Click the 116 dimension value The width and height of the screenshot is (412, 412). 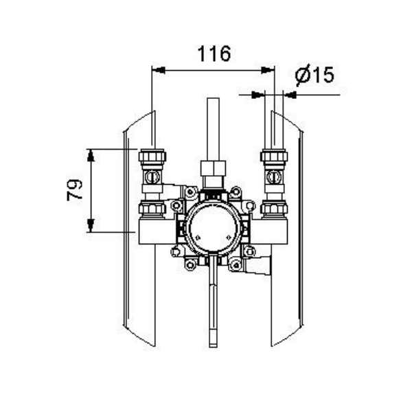[x=214, y=54]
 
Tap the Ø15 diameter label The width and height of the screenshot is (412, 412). [x=314, y=75]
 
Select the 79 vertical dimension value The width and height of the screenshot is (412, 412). [x=74, y=190]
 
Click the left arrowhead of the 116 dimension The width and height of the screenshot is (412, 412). [x=159, y=70]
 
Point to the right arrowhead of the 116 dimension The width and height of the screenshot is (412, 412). [x=268, y=70]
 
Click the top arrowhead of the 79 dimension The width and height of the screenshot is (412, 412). [x=91, y=155]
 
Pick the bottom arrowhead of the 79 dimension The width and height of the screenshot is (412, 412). [x=91, y=226]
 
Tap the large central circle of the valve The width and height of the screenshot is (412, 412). [x=213, y=229]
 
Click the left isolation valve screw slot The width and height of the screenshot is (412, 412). [x=152, y=177]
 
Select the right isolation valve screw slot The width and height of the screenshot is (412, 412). [x=274, y=177]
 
